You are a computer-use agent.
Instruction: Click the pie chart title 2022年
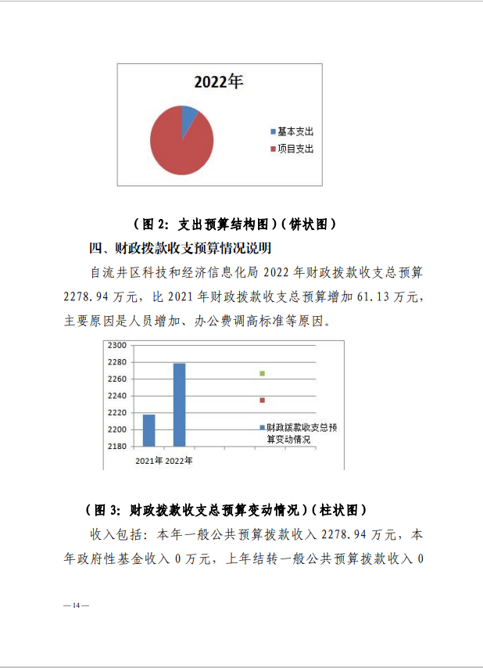point(218,82)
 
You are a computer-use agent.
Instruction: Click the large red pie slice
point(178,145)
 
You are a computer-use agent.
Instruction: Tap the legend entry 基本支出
point(295,132)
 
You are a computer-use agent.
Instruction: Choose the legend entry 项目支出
point(295,149)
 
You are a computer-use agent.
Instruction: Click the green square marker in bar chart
point(263,373)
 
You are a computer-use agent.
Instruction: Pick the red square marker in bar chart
point(263,400)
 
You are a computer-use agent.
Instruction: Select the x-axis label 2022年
point(179,461)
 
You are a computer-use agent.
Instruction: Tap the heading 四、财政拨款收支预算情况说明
point(180,249)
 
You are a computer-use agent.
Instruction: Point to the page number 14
point(77,606)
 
